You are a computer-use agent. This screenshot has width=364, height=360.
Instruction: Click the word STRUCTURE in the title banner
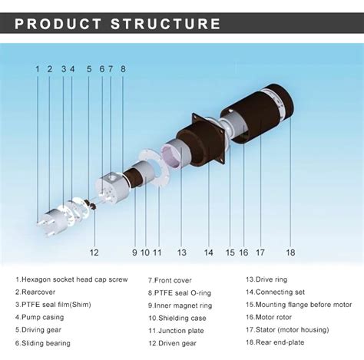click(x=165, y=24)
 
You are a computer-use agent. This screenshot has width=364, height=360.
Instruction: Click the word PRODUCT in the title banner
click(x=58, y=24)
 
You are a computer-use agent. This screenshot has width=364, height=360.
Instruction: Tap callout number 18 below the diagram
click(x=290, y=253)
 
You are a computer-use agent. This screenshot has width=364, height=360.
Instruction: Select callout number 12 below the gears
click(x=94, y=253)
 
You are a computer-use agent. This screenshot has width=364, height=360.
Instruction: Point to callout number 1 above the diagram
click(x=38, y=69)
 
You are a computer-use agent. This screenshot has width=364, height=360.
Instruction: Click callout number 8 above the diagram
click(x=123, y=69)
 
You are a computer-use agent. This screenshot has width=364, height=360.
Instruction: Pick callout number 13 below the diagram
click(x=182, y=253)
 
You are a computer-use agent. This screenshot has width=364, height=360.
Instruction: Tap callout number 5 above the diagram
click(x=89, y=69)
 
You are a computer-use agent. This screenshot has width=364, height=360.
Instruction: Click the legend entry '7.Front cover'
click(x=170, y=280)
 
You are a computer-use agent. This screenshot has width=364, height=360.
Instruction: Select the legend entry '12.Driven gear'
click(x=172, y=343)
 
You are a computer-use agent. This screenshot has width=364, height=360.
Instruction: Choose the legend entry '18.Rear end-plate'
click(x=275, y=342)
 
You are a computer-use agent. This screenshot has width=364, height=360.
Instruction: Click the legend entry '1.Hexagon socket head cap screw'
click(x=71, y=279)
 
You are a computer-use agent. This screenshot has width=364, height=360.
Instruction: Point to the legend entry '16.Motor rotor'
click(x=269, y=317)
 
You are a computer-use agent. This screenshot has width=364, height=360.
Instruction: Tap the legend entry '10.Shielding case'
click(x=177, y=318)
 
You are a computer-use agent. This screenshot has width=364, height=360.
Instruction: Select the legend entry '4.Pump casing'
click(x=39, y=317)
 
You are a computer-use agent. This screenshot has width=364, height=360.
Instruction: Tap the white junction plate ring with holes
click(x=153, y=168)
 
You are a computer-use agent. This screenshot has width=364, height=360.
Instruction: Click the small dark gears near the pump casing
click(x=91, y=204)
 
